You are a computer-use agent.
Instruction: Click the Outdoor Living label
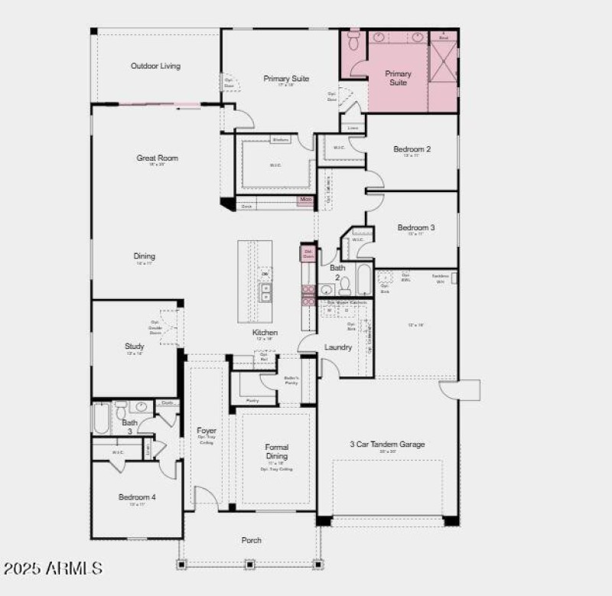[x=155, y=66]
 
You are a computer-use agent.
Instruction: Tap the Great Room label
[x=157, y=158]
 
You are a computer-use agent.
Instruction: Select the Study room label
[x=135, y=347]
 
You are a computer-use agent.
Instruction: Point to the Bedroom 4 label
[x=137, y=497]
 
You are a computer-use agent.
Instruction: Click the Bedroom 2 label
[x=412, y=149]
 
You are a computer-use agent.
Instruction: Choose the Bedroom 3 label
[x=416, y=228]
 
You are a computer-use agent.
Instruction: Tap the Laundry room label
[x=338, y=347]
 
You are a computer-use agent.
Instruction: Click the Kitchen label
[x=265, y=333]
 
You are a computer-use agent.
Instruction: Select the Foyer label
[x=207, y=431]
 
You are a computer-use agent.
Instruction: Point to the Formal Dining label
[x=276, y=451]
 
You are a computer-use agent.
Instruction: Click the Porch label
[x=252, y=540]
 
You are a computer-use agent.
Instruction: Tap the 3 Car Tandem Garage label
[x=387, y=444]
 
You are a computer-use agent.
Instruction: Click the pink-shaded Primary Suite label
[x=398, y=78]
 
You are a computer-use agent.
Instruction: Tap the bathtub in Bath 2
[x=363, y=280]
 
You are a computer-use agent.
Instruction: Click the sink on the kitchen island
[x=265, y=292]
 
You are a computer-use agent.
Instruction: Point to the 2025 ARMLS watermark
[x=53, y=568]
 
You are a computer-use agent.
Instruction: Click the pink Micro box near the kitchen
[x=306, y=200]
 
